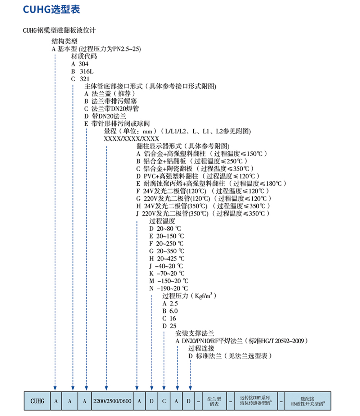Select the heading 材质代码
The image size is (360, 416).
84,56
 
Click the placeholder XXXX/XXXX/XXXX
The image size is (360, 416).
131,139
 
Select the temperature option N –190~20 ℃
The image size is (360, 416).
168,288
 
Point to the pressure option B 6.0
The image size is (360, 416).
170,311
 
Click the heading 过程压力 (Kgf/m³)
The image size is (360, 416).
189,296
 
